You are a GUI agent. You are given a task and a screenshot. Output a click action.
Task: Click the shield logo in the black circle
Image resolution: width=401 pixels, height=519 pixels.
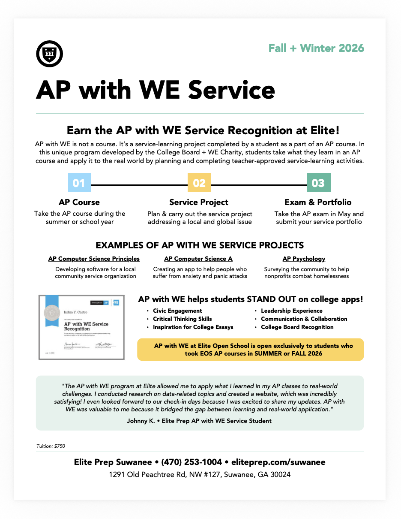(x=50, y=54)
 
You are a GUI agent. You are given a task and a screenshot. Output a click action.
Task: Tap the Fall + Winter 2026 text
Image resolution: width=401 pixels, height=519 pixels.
(x=316, y=48)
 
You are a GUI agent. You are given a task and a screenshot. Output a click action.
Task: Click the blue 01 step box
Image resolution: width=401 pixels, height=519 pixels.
(x=80, y=183)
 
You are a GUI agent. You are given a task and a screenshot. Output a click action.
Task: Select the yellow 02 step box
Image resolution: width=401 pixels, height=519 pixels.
(x=199, y=183)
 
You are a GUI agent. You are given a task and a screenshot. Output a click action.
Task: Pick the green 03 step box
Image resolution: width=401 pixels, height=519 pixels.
(x=318, y=183)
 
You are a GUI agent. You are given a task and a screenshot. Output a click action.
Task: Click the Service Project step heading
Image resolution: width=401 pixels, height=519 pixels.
(x=199, y=202)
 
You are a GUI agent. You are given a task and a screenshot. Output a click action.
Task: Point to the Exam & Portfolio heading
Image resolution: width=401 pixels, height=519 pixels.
(x=318, y=202)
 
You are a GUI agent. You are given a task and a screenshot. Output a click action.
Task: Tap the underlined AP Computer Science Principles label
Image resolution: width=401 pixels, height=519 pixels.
(x=94, y=259)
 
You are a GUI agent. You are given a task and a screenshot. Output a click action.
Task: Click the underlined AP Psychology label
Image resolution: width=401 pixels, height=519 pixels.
(x=304, y=259)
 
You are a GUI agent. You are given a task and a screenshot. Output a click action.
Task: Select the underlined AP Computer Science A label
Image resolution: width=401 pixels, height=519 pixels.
(x=198, y=259)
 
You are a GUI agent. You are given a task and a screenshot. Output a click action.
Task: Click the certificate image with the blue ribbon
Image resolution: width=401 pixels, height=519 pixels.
(x=81, y=327)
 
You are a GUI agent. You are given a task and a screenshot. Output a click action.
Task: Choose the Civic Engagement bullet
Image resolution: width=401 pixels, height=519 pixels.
(x=177, y=311)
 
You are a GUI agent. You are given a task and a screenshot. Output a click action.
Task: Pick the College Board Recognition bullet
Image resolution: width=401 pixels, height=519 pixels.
(x=297, y=327)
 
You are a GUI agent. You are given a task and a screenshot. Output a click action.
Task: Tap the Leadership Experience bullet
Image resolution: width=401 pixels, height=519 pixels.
(x=291, y=311)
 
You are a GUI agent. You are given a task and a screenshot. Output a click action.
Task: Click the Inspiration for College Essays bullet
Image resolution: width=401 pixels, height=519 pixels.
(x=193, y=327)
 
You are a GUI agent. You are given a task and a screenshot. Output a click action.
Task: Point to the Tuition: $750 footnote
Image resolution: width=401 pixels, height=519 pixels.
(x=51, y=446)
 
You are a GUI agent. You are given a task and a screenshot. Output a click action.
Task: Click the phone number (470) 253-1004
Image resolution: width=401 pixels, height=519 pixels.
(x=192, y=462)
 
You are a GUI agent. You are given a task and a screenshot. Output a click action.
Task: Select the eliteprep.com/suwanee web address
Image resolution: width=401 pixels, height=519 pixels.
(x=278, y=462)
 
